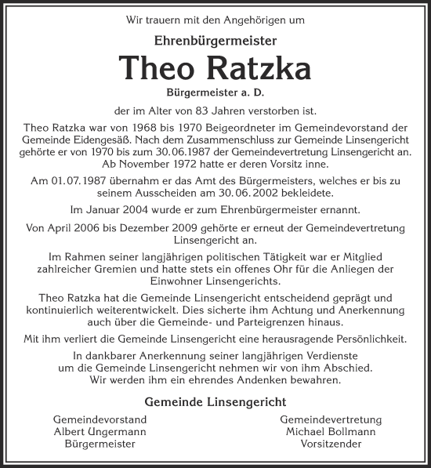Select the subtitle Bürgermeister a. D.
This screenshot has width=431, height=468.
pos(215,92)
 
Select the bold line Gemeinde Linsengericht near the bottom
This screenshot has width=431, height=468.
pos(215,402)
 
